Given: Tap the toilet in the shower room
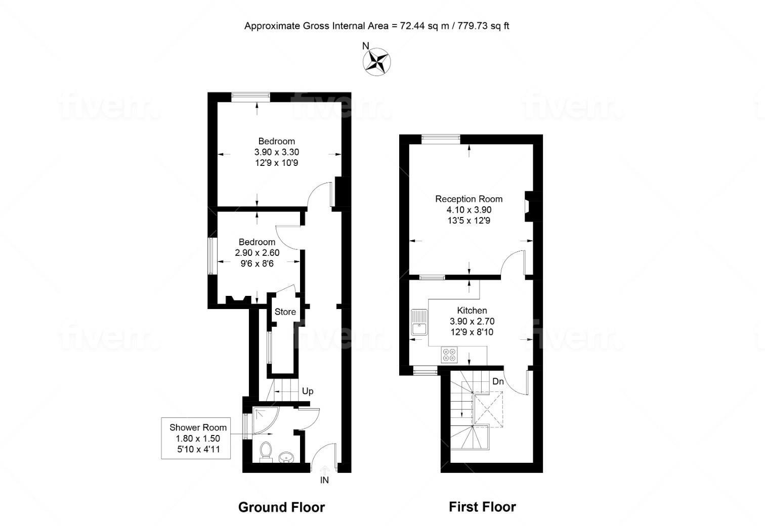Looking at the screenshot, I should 265,451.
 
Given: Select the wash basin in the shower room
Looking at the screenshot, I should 286,457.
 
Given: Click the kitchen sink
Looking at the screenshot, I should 419,322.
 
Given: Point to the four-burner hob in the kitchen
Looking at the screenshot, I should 448,355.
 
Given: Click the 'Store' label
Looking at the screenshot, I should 285,312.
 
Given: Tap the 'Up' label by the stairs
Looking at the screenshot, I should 308,391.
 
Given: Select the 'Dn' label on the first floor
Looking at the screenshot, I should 498,381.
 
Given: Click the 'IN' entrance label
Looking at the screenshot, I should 324,480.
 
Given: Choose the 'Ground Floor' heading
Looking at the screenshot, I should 281,507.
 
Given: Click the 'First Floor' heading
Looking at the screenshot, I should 482,507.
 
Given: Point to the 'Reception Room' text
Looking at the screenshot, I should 469,199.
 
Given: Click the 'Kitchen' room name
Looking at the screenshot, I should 472,311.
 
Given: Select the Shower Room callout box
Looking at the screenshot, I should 196,438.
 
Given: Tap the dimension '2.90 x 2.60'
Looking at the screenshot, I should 257,252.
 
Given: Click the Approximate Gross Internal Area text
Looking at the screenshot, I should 376,26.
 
